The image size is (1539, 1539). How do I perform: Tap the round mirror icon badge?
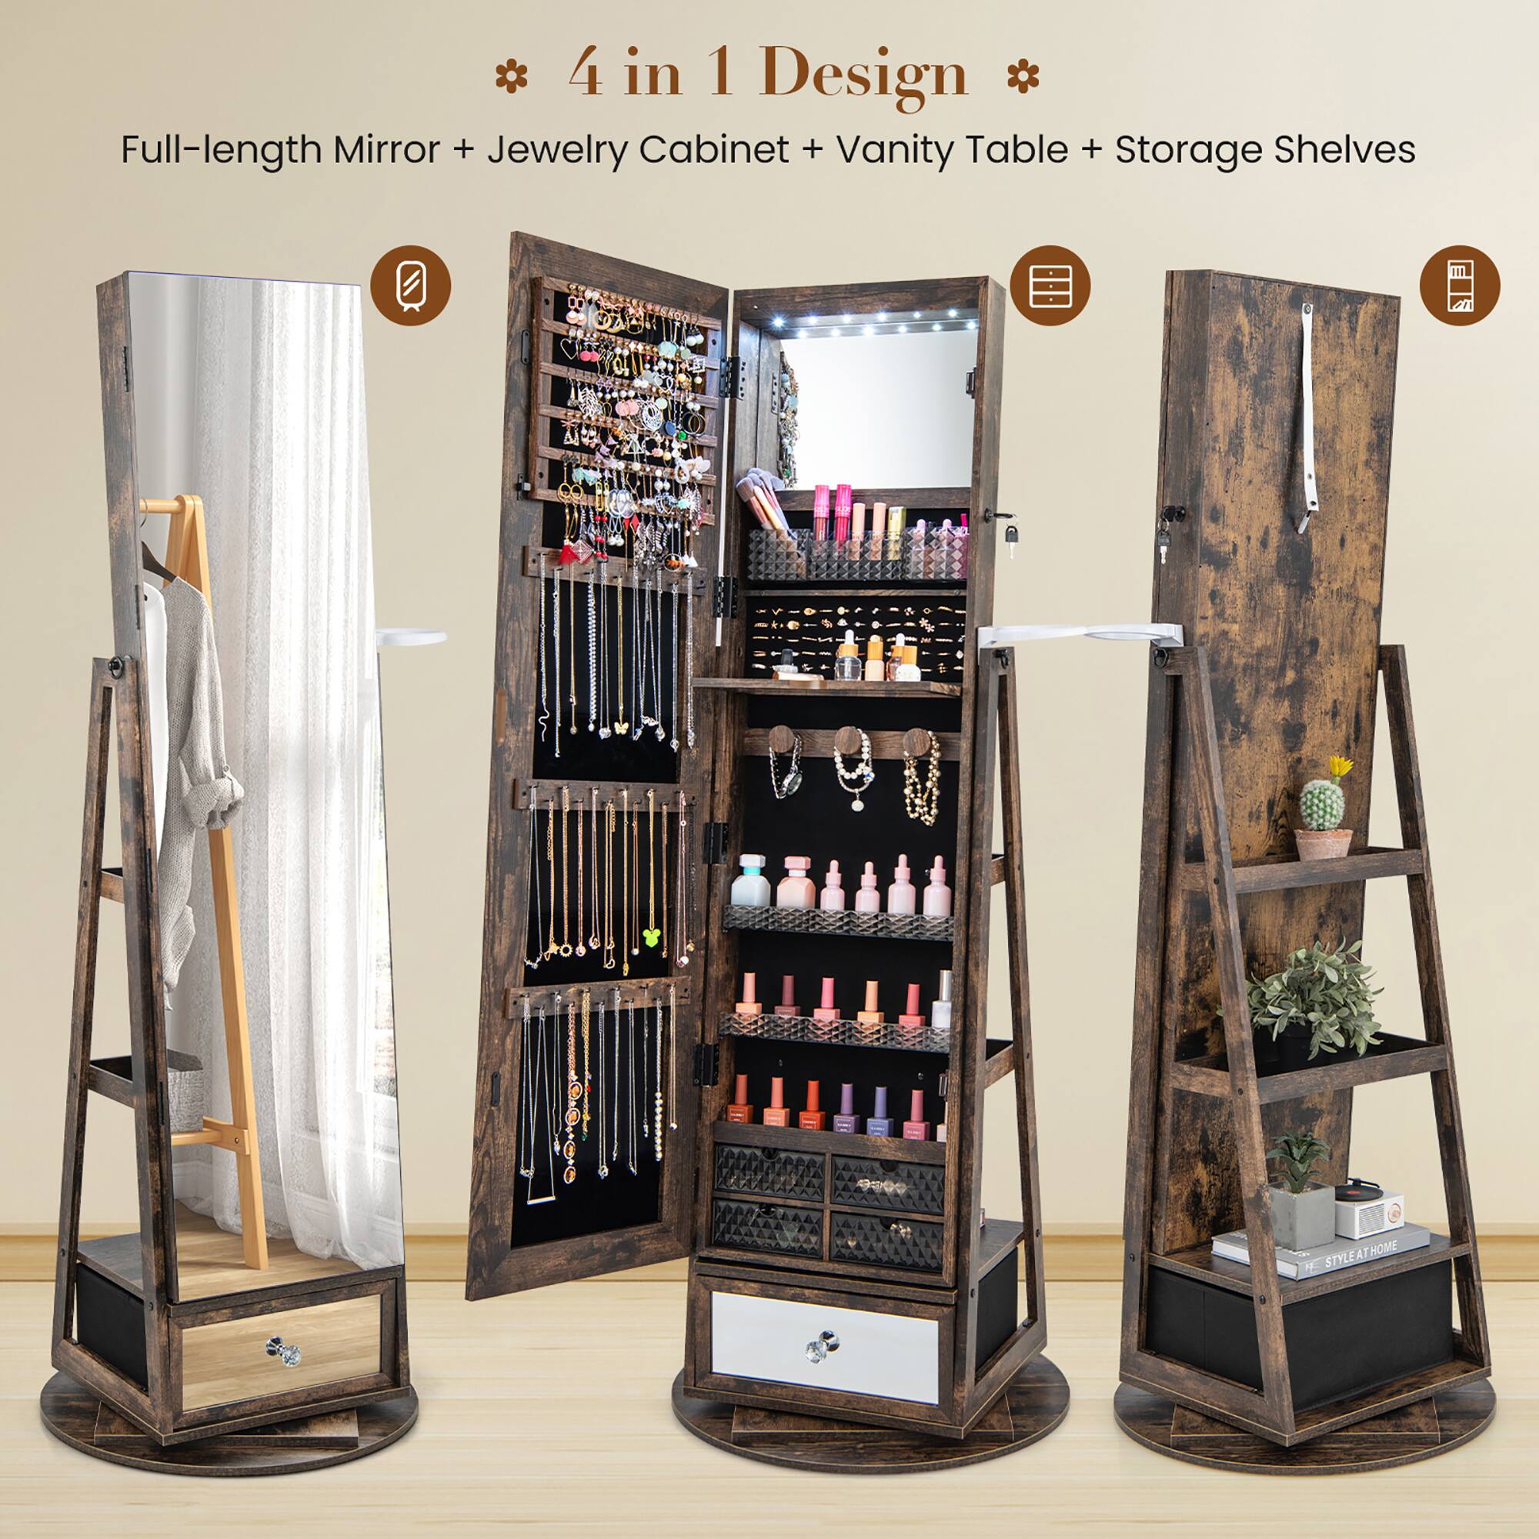pos(410,285)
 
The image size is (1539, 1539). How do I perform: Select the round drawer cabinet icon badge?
pos(1049,285)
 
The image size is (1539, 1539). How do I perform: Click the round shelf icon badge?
pos(1459,285)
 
